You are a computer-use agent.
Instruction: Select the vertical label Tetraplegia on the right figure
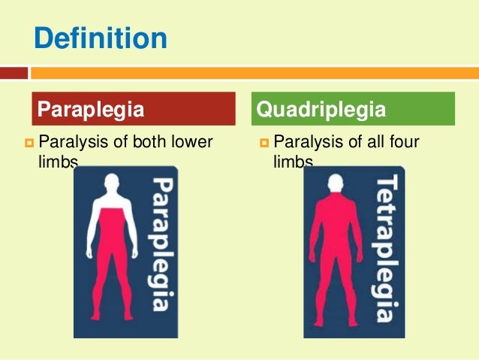tap(388, 248)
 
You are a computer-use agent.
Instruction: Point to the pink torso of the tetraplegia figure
tap(336, 233)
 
